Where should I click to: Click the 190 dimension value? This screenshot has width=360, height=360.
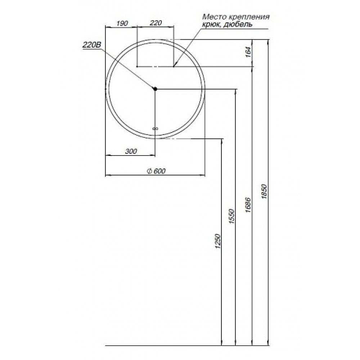[122, 23]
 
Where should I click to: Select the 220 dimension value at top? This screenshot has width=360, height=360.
[156, 23]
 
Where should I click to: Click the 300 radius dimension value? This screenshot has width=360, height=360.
[131, 151]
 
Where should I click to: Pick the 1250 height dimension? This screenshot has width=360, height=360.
[218, 241]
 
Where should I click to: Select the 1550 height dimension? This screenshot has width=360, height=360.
[232, 216]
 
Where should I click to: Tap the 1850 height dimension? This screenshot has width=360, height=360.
[265, 191]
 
